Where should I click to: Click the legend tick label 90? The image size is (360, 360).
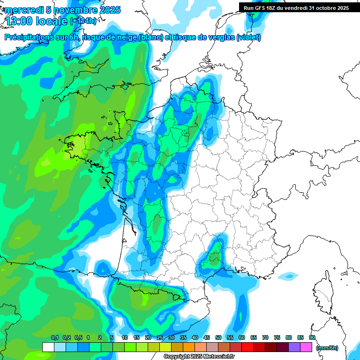click(x=312, y=337)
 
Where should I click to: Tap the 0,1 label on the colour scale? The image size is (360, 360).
click(x=54, y=337)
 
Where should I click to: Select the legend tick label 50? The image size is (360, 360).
click(x=218, y=337)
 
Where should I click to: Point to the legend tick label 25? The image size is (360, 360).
click(x=160, y=337)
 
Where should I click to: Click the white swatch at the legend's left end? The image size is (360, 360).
click(x=48, y=347)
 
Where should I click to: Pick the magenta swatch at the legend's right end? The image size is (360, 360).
click(x=306, y=347)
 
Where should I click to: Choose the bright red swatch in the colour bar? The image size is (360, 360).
click(x=247, y=347)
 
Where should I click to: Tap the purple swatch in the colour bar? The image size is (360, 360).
click(x=294, y=347)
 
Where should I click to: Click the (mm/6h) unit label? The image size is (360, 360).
click(x=327, y=347)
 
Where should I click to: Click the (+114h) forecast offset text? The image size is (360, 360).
click(x=83, y=21)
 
